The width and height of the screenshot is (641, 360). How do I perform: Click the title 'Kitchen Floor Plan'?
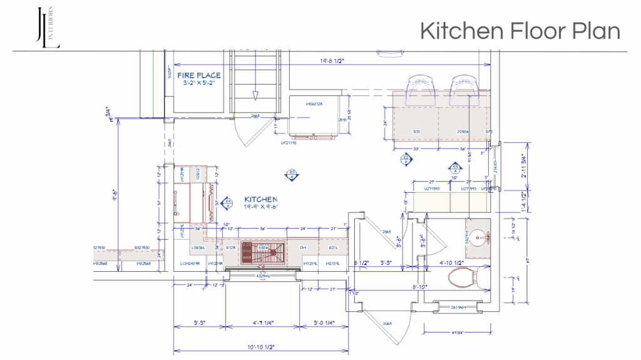click(520, 30)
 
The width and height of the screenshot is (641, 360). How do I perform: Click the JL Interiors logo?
click(48, 27)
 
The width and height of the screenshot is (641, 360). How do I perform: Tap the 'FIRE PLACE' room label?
click(198, 76)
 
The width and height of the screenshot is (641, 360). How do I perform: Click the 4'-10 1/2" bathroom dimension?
click(451, 262)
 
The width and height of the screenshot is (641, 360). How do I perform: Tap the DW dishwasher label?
click(302, 249)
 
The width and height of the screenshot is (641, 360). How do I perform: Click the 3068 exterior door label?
click(386, 324)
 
